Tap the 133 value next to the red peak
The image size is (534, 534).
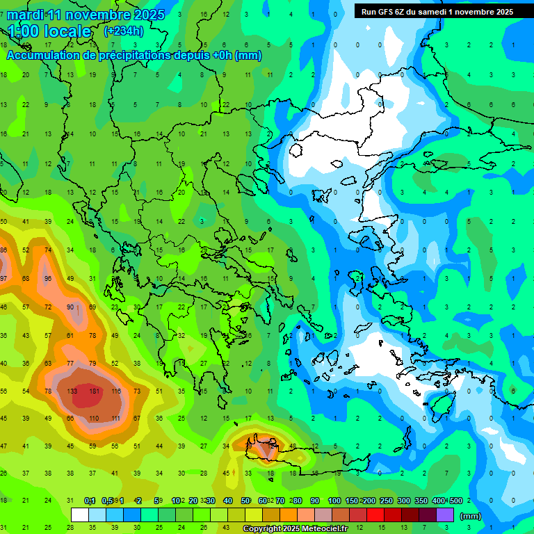pos(72,391)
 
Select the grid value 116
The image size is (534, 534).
pos(115,391)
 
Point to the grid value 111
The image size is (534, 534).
pos(115,419)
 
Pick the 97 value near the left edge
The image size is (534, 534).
pos(3,278)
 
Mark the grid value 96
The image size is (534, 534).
pos(48,278)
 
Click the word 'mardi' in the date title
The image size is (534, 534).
pos(25,15)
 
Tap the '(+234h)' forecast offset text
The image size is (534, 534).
pos(123,31)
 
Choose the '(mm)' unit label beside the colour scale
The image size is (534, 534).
pos(471,516)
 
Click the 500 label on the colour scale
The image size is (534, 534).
pos(455,501)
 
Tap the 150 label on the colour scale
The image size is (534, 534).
pos(352,501)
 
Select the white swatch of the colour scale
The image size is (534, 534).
pos(80,515)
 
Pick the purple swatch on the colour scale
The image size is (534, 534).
pos(445,515)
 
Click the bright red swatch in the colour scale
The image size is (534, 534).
pos(375,515)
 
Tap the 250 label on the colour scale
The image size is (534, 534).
pos(386,501)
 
